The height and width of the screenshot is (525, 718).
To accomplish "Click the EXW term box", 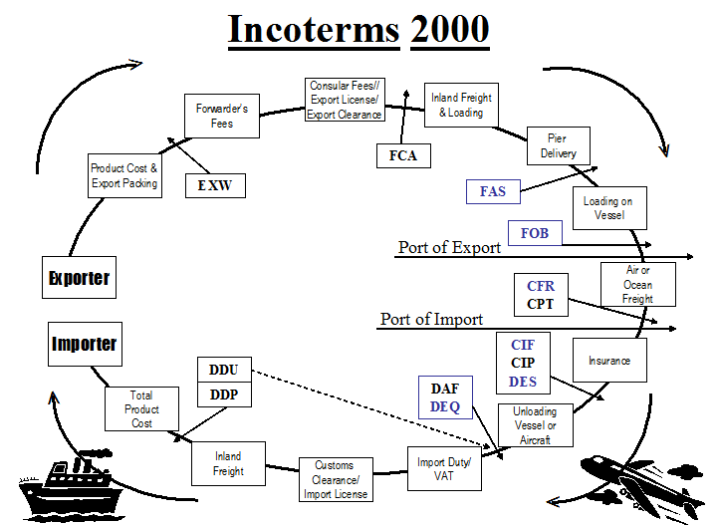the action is pyautogui.click(x=215, y=185).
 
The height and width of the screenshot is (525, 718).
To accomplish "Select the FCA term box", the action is pyautogui.click(x=403, y=155).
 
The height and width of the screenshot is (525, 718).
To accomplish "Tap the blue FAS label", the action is pyautogui.click(x=493, y=191).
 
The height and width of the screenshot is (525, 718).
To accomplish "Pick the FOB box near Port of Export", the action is pyautogui.click(x=535, y=233).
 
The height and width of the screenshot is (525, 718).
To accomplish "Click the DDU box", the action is pyautogui.click(x=224, y=370).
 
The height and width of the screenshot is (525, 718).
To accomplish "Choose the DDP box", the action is pyautogui.click(x=224, y=394).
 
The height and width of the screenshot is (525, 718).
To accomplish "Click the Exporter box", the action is pyautogui.click(x=80, y=278).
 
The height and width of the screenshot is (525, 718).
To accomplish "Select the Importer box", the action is pyautogui.click(x=85, y=344).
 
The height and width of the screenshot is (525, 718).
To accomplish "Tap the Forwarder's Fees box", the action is pyautogui.click(x=222, y=116).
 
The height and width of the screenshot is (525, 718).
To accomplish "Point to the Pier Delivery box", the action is pyautogui.click(x=559, y=145).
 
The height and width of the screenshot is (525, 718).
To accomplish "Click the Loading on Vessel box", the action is pyautogui.click(x=609, y=208).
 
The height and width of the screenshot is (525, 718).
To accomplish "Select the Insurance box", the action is pyautogui.click(x=609, y=360).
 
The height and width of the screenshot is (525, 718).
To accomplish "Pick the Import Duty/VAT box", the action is pyautogui.click(x=444, y=468).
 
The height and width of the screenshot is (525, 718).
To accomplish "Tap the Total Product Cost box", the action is pyautogui.click(x=142, y=409).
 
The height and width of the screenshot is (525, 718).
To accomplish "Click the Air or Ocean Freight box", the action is pyautogui.click(x=638, y=285).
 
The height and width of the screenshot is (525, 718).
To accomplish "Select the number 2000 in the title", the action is pyautogui.click(x=450, y=29).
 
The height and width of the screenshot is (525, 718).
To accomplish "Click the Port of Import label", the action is pyautogui.click(x=431, y=319).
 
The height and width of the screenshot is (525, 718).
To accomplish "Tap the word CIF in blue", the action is pyautogui.click(x=523, y=345).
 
